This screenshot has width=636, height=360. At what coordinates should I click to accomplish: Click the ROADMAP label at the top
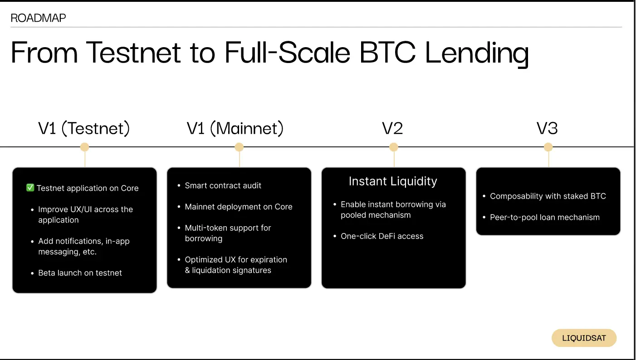point(38,18)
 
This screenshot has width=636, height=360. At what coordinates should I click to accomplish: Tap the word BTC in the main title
point(387,53)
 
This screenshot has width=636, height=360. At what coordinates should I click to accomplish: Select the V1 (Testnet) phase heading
point(84,129)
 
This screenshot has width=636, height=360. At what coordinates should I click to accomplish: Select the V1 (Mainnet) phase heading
point(235,129)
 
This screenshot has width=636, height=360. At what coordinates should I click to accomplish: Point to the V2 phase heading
point(392,129)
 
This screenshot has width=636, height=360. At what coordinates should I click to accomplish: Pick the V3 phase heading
point(547,129)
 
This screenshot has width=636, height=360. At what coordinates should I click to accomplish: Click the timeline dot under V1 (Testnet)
point(84,147)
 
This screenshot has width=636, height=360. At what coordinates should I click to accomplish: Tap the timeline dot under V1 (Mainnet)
point(239,147)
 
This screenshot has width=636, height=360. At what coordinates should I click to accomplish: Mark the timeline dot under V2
point(394,147)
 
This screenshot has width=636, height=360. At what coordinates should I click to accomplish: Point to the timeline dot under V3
point(548,147)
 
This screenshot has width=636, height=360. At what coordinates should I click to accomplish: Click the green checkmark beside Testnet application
point(30,188)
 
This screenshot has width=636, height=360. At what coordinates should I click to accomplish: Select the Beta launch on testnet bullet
point(80,273)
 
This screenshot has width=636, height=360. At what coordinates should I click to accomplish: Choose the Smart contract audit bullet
point(223,185)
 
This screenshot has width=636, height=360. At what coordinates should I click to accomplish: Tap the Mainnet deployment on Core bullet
point(238,207)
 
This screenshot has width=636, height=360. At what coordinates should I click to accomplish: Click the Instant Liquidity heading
point(393,181)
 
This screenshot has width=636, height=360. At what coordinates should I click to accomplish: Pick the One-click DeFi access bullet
point(382,236)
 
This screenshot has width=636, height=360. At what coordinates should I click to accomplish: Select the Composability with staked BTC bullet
point(548,196)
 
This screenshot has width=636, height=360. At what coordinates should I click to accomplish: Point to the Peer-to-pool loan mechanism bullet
point(544,218)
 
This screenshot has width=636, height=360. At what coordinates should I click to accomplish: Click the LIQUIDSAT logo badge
point(584,338)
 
